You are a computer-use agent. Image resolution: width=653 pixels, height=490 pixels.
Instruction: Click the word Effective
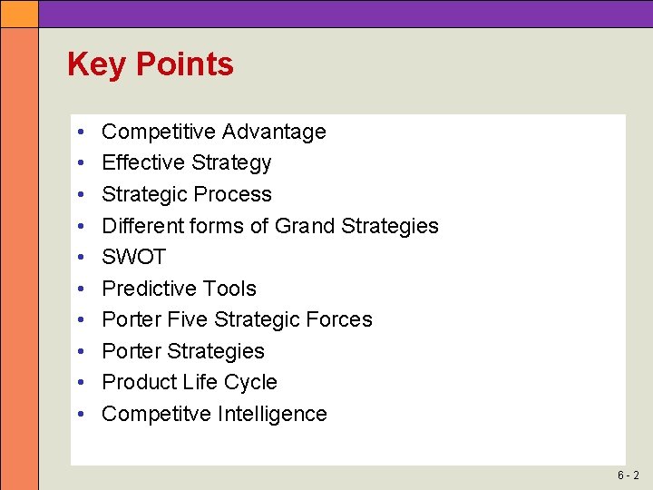pyautogui.click(x=140, y=163)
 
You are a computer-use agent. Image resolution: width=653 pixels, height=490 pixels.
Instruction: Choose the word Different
pyautogui.click(x=141, y=226)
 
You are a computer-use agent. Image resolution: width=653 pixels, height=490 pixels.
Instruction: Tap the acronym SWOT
pyautogui.click(x=133, y=258)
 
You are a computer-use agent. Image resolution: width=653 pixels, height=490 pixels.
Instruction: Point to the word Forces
pyautogui.click(x=339, y=319)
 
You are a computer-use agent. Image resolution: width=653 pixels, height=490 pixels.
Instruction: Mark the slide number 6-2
pyautogui.click(x=629, y=475)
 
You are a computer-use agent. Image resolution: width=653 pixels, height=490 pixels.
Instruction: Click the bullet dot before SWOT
pyautogui.click(x=82, y=258)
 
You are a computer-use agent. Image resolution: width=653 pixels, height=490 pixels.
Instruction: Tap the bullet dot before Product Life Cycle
pyautogui.click(x=82, y=382)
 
